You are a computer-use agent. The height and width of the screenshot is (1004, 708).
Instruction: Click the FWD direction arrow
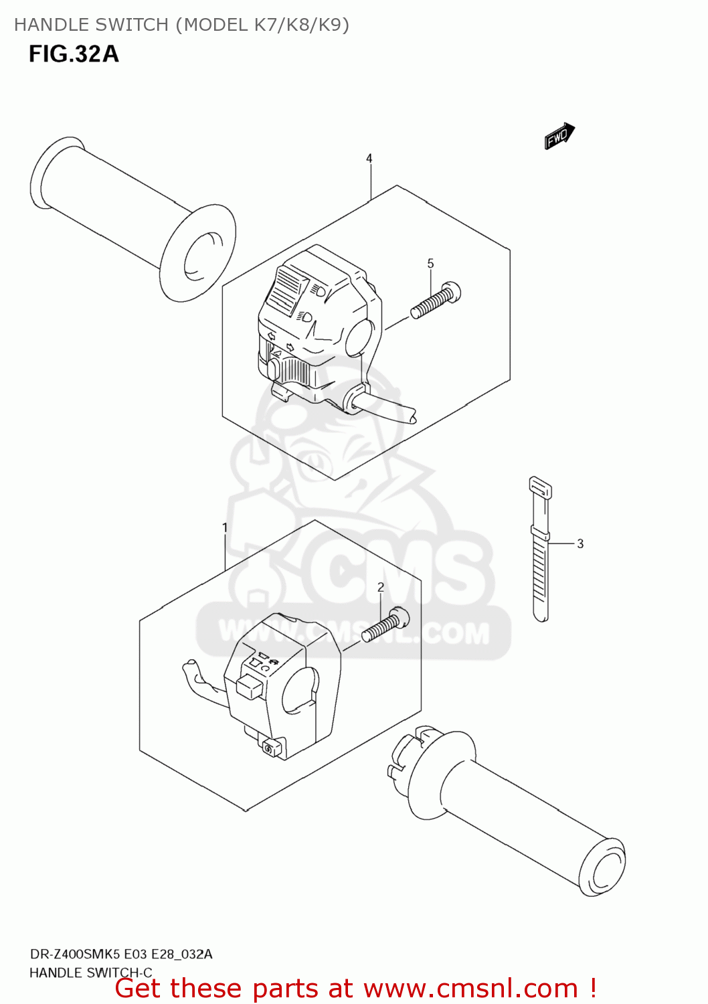click(559, 136)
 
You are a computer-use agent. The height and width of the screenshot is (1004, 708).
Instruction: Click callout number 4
click(369, 159)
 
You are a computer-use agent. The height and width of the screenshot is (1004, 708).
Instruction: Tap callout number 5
click(430, 264)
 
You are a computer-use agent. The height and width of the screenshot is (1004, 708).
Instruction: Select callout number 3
click(580, 543)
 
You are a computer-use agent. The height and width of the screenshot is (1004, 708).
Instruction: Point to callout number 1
click(225, 527)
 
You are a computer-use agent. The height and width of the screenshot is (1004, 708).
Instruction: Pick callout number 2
click(381, 587)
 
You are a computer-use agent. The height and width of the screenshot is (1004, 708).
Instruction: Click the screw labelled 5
click(436, 301)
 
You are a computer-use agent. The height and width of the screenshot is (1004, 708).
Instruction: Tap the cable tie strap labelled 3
click(540, 549)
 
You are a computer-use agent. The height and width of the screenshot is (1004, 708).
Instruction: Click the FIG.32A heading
click(74, 54)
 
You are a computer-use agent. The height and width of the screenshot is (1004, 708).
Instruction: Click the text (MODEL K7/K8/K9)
click(262, 25)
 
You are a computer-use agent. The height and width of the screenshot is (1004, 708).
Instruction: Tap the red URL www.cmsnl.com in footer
click(470, 988)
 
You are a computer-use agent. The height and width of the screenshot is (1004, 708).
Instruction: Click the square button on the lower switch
click(249, 686)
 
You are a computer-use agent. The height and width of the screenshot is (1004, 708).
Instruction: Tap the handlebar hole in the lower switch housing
click(299, 690)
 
